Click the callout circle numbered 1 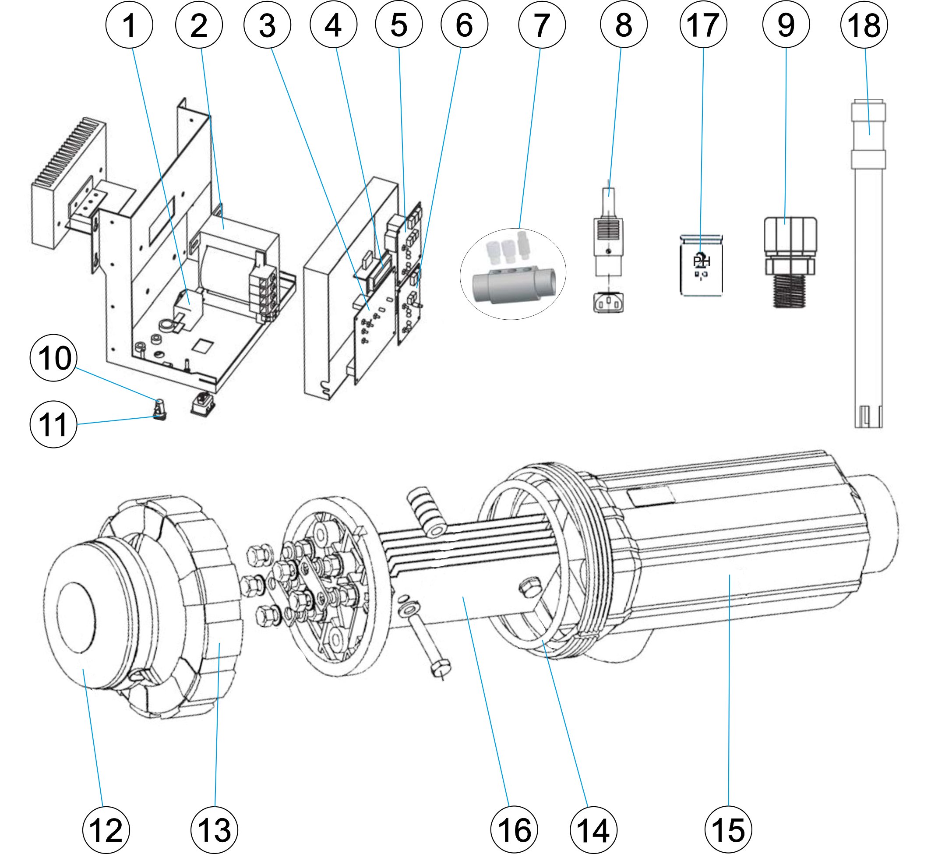(129, 25)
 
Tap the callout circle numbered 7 (542, 25)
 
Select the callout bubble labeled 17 (703, 25)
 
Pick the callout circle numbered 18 (864, 25)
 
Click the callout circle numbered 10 (53, 358)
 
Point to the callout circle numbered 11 (53, 424)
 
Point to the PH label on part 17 (702, 261)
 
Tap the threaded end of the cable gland (789, 291)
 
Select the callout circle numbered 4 (333, 25)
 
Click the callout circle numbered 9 (786, 25)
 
